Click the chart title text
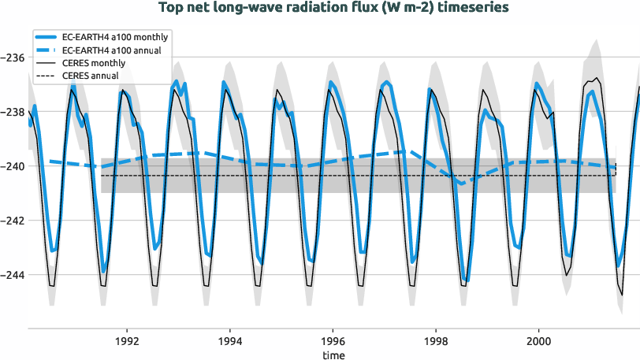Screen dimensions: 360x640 (x=333, y=7)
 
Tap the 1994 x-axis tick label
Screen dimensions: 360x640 (x=229, y=342)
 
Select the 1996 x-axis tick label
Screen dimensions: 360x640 (x=333, y=342)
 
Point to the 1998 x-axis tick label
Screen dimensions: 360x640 (x=436, y=342)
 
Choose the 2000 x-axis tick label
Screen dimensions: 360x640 (x=538, y=342)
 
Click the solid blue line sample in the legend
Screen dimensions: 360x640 (x=48, y=38)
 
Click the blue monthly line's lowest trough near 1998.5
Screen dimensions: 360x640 (x=467, y=280)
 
